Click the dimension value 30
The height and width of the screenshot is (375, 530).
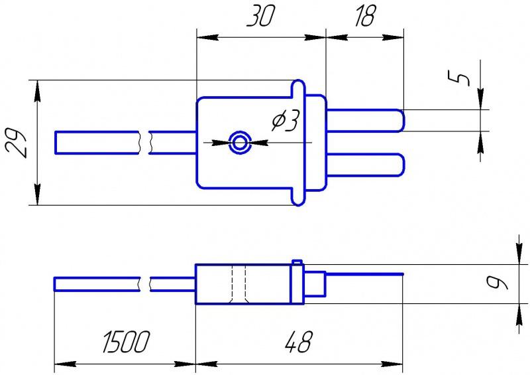260,17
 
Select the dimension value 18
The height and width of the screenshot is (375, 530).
362,17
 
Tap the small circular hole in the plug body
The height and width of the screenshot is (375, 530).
238,141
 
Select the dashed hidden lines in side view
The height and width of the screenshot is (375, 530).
239,284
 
